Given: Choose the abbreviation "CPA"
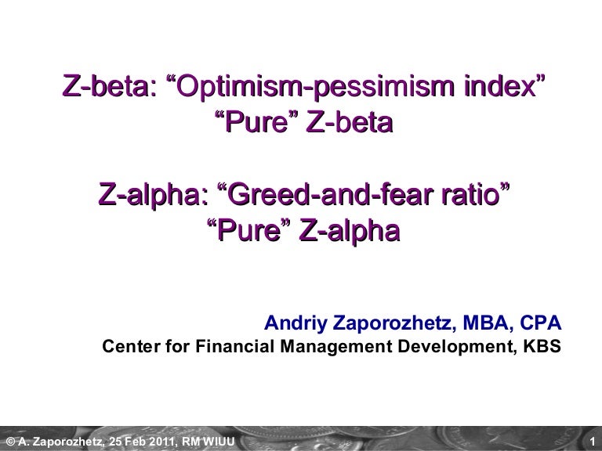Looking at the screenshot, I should click(541, 323).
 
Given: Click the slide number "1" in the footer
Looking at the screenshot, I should click(593, 442).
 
